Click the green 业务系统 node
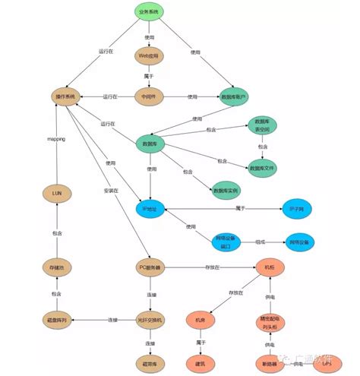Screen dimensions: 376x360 pyautogui.click(x=149, y=12)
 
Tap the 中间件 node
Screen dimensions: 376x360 pyautogui.click(x=149, y=97)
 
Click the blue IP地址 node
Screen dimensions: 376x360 pyautogui.click(x=150, y=208)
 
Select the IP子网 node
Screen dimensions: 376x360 pyautogui.click(x=297, y=208)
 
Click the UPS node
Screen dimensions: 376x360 pyautogui.click(x=327, y=364)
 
